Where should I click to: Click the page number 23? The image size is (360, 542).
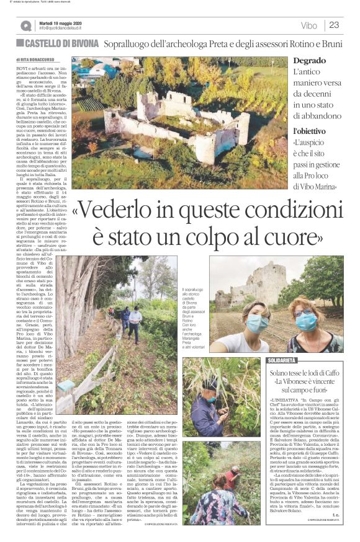click(x=334, y=25)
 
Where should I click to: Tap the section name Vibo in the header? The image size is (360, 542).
click(x=308, y=25)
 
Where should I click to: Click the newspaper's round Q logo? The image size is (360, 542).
click(x=25, y=25)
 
